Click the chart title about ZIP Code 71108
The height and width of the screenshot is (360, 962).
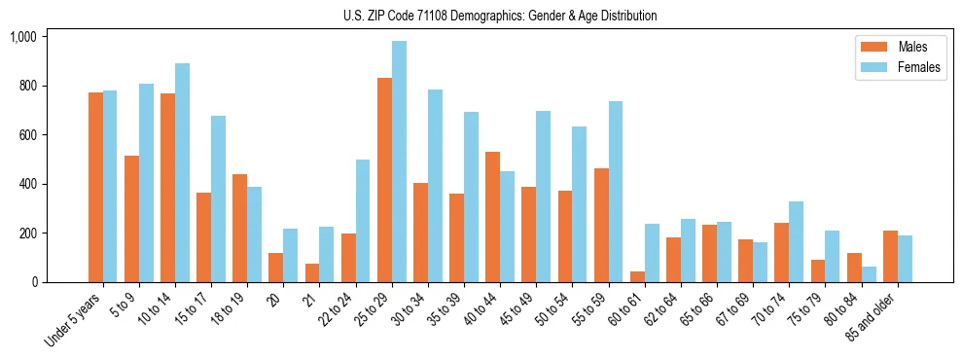(500, 16)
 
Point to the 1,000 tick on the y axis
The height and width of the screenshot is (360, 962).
(22, 37)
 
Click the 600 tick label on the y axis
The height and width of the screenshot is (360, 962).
(26, 135)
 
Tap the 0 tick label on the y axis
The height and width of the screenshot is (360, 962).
(34, 282)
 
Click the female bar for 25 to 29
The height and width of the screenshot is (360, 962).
(399, 162)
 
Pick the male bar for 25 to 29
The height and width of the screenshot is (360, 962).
(384, 180)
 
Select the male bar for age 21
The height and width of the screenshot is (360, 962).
(312, 273)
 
